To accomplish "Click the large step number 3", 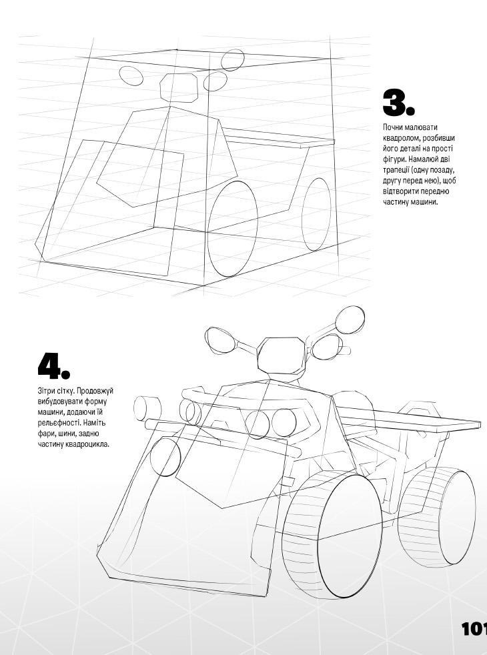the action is tap(398, 102).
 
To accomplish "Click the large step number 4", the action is tap(54, 365).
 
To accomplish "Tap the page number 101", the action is tap(474, 629).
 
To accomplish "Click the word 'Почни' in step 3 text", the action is tap(393, 127).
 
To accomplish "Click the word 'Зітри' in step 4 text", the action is tap(46, 391).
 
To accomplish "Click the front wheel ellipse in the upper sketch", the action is tap(233, 229).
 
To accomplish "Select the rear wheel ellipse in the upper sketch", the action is tap(317, 214).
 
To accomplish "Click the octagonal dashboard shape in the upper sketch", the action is tap(179, 88).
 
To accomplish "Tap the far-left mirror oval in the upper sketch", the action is tap(131, 75).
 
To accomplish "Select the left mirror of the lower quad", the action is tap(221, 340).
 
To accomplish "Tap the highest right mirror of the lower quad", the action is tap(350, 319).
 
